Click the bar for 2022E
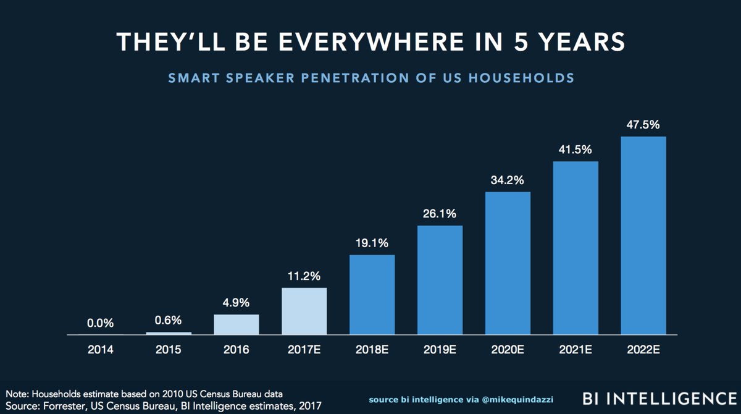click(x=643, y=235)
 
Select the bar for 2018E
click(x=372, y=295)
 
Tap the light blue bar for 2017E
click(x=304, y=311)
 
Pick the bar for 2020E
click(x=508, y=263)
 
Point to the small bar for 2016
click(x=237, y=324)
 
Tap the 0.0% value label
click(x=101, y=323)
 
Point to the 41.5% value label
click(x=575, y=149)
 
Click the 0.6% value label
click(x=169, y=320)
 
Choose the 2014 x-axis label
click(x=101, y=350)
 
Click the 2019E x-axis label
click(x=440, y=350)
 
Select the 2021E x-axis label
click(x=575, y=350)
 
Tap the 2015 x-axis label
click(x=169, y=350)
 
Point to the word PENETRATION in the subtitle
click(x=342, y=78)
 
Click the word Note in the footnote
click(x=17, y=393)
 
